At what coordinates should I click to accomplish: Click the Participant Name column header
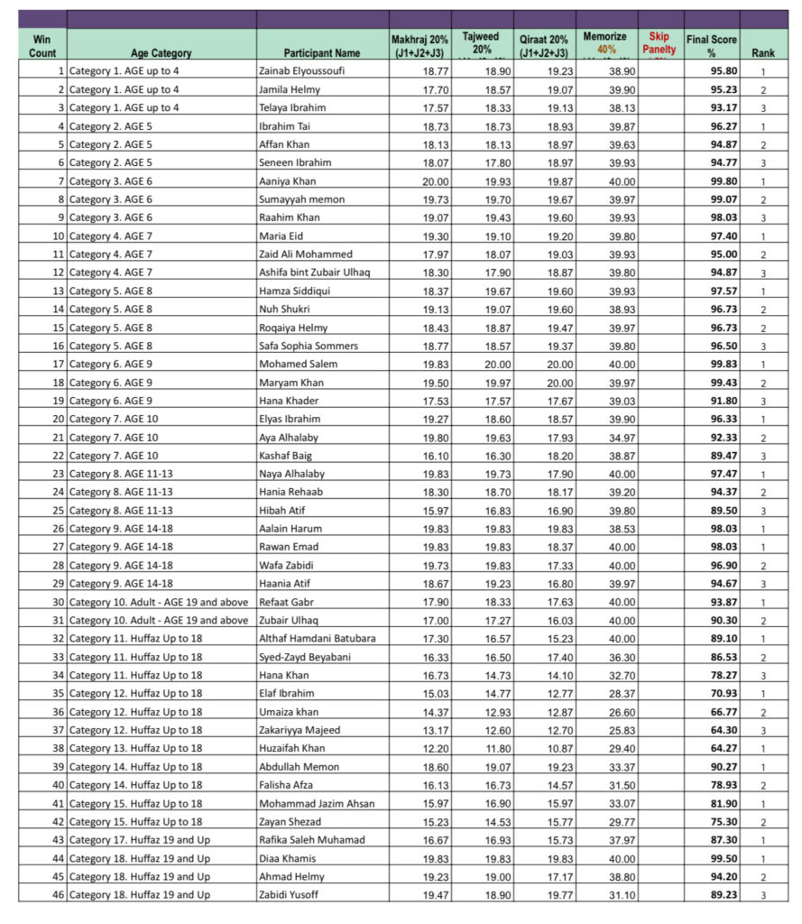tap(322, 53)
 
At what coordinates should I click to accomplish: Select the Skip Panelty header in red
tap(659, 43)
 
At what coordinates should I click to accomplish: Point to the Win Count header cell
tap(42, 46)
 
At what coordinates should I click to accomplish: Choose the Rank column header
tap(762, 53)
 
